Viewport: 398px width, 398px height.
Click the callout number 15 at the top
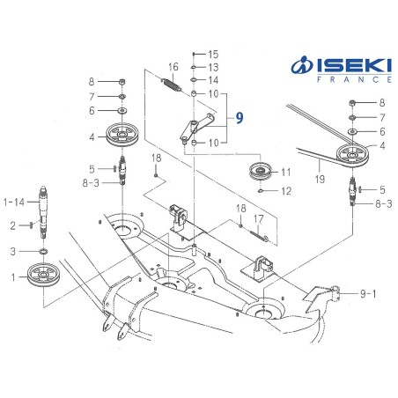[212, 55]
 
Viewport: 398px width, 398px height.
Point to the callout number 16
[173, 67]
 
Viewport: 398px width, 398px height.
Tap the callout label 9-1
[368, 293]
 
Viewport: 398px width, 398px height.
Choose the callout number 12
[285, 190]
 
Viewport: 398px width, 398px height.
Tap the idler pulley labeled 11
[261, 171]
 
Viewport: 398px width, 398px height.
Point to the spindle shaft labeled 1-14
[44, 203]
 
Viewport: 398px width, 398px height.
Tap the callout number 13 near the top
[212, 67]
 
